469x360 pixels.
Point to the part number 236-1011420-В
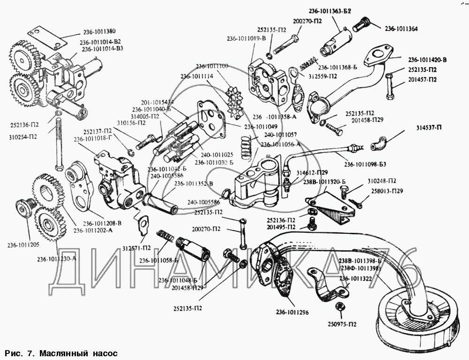pos(427,60)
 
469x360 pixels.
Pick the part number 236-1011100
pos(212,66)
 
